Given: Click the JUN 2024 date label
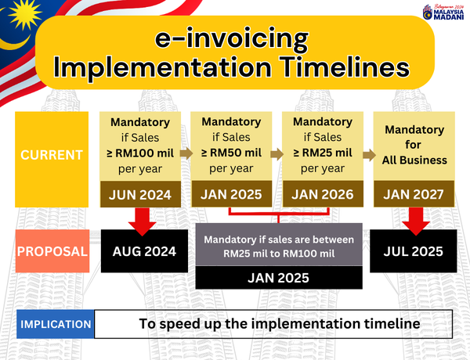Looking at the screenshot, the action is click(x=140, y=194).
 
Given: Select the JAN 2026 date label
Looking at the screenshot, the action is click(x=323, y=194).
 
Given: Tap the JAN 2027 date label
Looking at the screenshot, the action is click(x=414, y=194).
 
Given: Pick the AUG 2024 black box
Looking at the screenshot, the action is click(x=144, y=251).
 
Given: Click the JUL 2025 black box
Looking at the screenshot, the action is click(x=414, y=251).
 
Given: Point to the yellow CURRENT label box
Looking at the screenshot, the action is click(x=52, y=160).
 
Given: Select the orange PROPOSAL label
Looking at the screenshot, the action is click(x=52, y=251).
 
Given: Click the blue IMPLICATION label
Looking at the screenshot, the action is click(x=56, y=324).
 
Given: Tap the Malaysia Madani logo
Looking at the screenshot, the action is click(x=443, y=13).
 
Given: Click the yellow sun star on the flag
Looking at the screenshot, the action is click(x=24, y=13).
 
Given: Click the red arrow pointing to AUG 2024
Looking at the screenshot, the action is click(x=142, y=221).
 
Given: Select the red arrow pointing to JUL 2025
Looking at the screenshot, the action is click(x=416, y=221).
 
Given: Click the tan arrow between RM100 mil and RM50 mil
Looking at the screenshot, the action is click(x=186, y=153).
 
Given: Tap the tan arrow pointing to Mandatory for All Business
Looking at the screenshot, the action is click(x=369, y=155).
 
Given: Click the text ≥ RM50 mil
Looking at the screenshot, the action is click(x=231, y=153).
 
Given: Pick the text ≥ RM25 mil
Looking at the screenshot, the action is click(x=323, y=153).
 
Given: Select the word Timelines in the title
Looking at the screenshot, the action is click(x=345, y=67).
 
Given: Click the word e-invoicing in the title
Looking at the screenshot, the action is click(x=231, y=38).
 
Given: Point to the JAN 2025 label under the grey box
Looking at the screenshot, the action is click(x=278, y=278).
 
